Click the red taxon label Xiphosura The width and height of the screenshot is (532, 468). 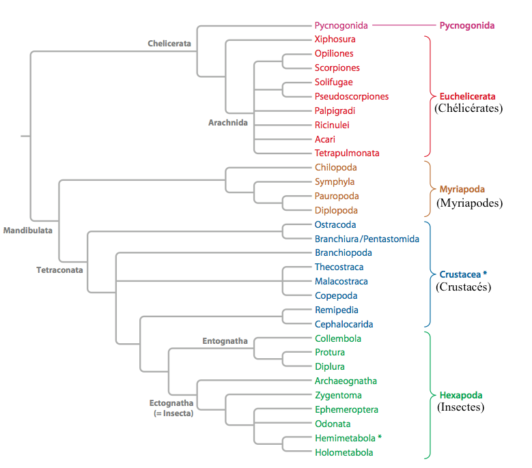tap(335, 40)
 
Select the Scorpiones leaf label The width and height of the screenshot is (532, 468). tap(337, 68)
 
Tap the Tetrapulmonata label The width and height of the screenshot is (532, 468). tap(347, 153)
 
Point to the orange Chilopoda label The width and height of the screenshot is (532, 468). tap(335, 168)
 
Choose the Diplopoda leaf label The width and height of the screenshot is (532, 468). tap(336, 211)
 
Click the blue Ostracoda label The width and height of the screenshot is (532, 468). tap(335, 225)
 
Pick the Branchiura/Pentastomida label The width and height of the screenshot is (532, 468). tap(367, 239)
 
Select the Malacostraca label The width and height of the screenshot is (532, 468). tap(341, 282)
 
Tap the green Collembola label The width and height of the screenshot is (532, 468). tap(338, 339)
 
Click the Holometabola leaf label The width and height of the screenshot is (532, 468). tap(344, 453)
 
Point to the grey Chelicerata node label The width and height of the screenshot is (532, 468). tap(169, 44)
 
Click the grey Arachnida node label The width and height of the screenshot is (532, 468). tap(227, 123)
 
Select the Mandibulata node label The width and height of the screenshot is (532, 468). tap(28, 231)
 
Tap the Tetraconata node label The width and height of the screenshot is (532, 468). tap(59, 270)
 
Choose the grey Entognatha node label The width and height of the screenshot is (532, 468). tap(225, 341)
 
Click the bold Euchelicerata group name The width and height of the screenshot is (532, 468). tap(467, 96)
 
